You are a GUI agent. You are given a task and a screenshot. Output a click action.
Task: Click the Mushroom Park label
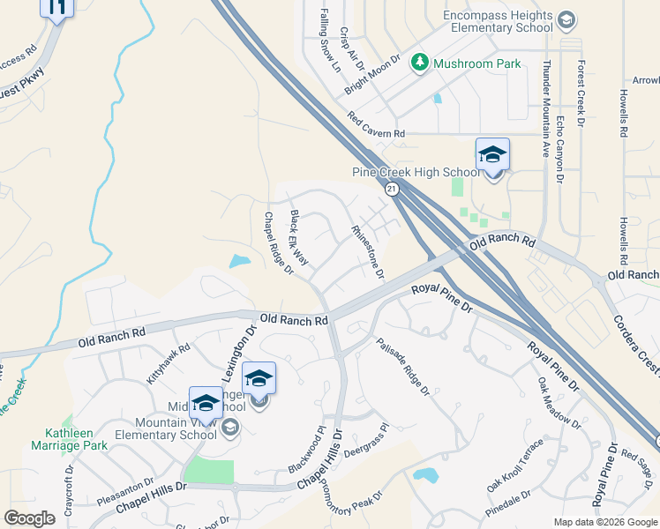[x=476, y=63]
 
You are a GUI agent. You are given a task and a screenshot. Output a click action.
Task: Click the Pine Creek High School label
[x=416, y=172]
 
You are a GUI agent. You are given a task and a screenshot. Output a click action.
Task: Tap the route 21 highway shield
[x=389, y=189]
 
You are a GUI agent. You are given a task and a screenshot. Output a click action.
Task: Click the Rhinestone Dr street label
[x=368, y=251]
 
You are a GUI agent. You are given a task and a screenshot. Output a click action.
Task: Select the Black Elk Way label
[x=299, y=238]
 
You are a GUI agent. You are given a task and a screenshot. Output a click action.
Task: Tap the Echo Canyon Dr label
[x=560, y=149]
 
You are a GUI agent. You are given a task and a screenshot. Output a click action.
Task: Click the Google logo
[x=30, y=518]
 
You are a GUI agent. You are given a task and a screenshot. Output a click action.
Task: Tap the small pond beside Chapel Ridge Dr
[x=238, y=261]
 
